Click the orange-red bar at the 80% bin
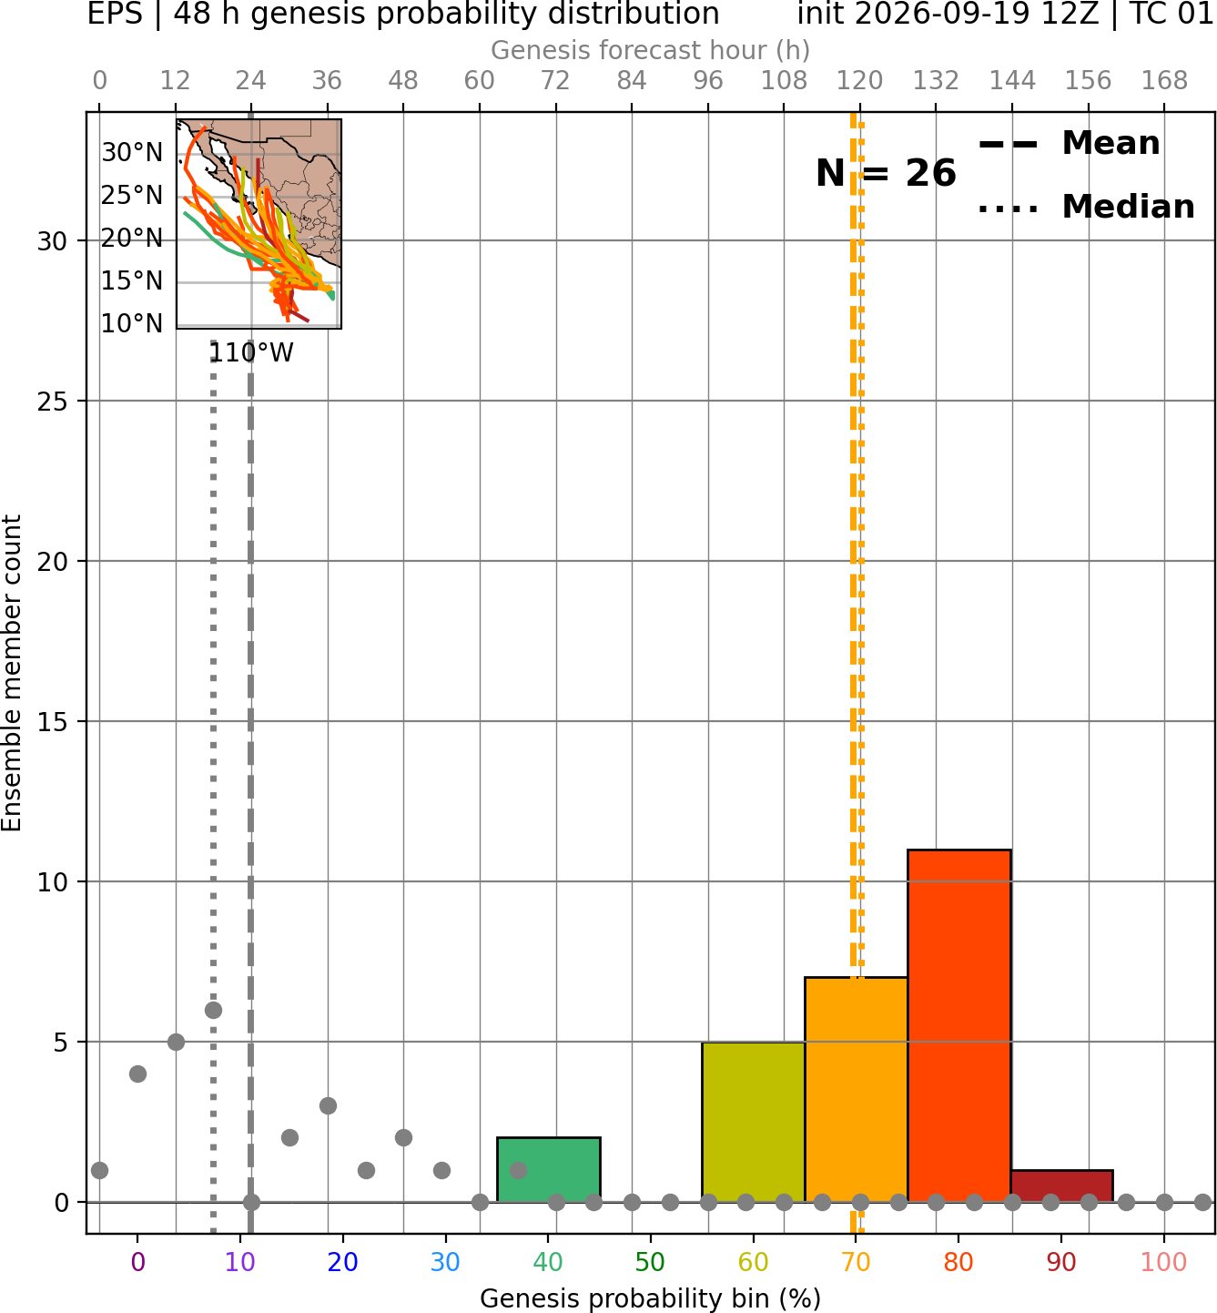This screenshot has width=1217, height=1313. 959,1026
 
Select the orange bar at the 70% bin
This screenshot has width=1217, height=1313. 856,1090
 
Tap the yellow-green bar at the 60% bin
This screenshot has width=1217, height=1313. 754,1122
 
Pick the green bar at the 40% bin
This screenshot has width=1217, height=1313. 549,1169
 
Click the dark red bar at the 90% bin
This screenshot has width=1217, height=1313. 1062,1186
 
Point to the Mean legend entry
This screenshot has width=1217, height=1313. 1069,144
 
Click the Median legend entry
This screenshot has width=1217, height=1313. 1086,207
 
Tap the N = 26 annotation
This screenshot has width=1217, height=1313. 886,173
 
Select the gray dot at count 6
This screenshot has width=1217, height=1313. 213,1010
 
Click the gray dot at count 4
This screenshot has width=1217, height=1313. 137,1074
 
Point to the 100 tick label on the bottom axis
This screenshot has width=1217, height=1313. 1164,1263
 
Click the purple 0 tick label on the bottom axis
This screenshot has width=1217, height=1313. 137,1263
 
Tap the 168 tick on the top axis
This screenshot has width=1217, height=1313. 1164,81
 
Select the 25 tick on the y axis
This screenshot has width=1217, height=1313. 53,402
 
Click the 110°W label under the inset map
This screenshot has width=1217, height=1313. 251,353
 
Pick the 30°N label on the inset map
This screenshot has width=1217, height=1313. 132,153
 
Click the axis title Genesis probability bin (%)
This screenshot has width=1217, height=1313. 651,1298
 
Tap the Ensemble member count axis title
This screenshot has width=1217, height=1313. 12,673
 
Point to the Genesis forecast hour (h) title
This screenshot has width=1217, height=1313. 651,50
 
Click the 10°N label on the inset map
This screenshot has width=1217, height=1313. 132,324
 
